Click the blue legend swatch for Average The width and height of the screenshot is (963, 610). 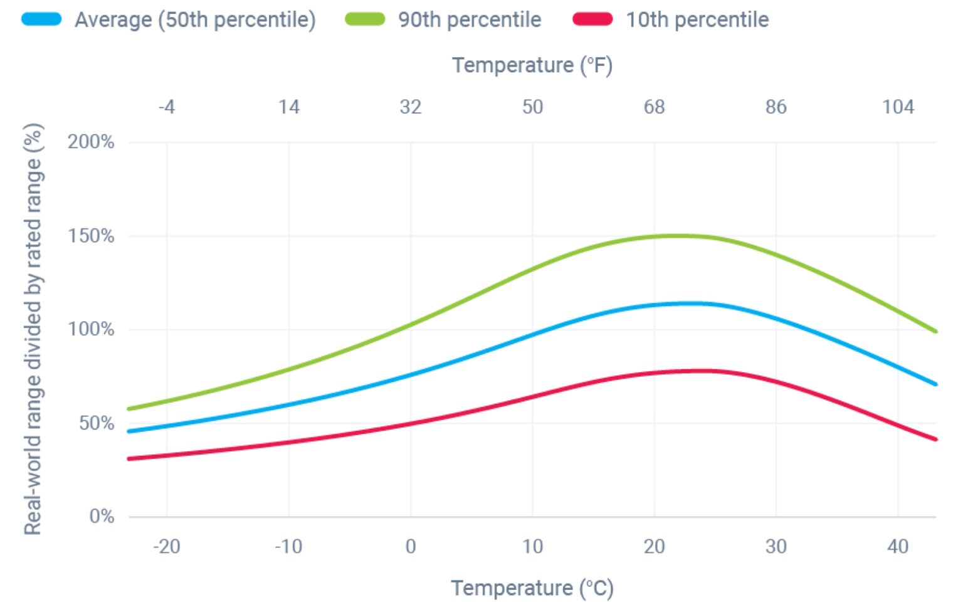coord(41,19)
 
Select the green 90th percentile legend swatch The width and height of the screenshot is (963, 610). coord(365,19)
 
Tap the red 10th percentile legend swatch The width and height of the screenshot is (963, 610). coord(592,19)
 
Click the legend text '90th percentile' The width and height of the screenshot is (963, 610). coord(470,19)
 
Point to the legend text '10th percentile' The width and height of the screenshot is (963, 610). coord(697,19)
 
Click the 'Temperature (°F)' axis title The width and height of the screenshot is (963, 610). coord(532,65)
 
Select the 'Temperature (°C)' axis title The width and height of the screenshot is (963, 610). coord(532,588)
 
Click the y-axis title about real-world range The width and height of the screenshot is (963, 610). coord(33,329)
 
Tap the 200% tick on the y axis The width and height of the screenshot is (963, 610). coord(91,142)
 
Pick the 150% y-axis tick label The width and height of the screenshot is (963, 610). coord(91,236)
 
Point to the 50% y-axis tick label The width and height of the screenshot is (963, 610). coord(97,423)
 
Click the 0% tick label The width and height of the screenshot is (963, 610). coord(102,517)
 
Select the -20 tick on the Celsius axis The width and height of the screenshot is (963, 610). coord(167,547)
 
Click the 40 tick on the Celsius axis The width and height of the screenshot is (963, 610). coord(898,547)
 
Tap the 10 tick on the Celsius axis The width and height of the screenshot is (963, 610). coord(532,547)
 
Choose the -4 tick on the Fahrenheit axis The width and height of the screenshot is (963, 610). coord(167,107)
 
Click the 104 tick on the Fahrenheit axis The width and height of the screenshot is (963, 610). coord(898,107)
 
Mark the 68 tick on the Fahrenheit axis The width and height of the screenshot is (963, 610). coord(654,107)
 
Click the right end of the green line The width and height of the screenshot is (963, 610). coord(935,331)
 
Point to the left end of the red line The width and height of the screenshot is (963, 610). coord(130,459)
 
